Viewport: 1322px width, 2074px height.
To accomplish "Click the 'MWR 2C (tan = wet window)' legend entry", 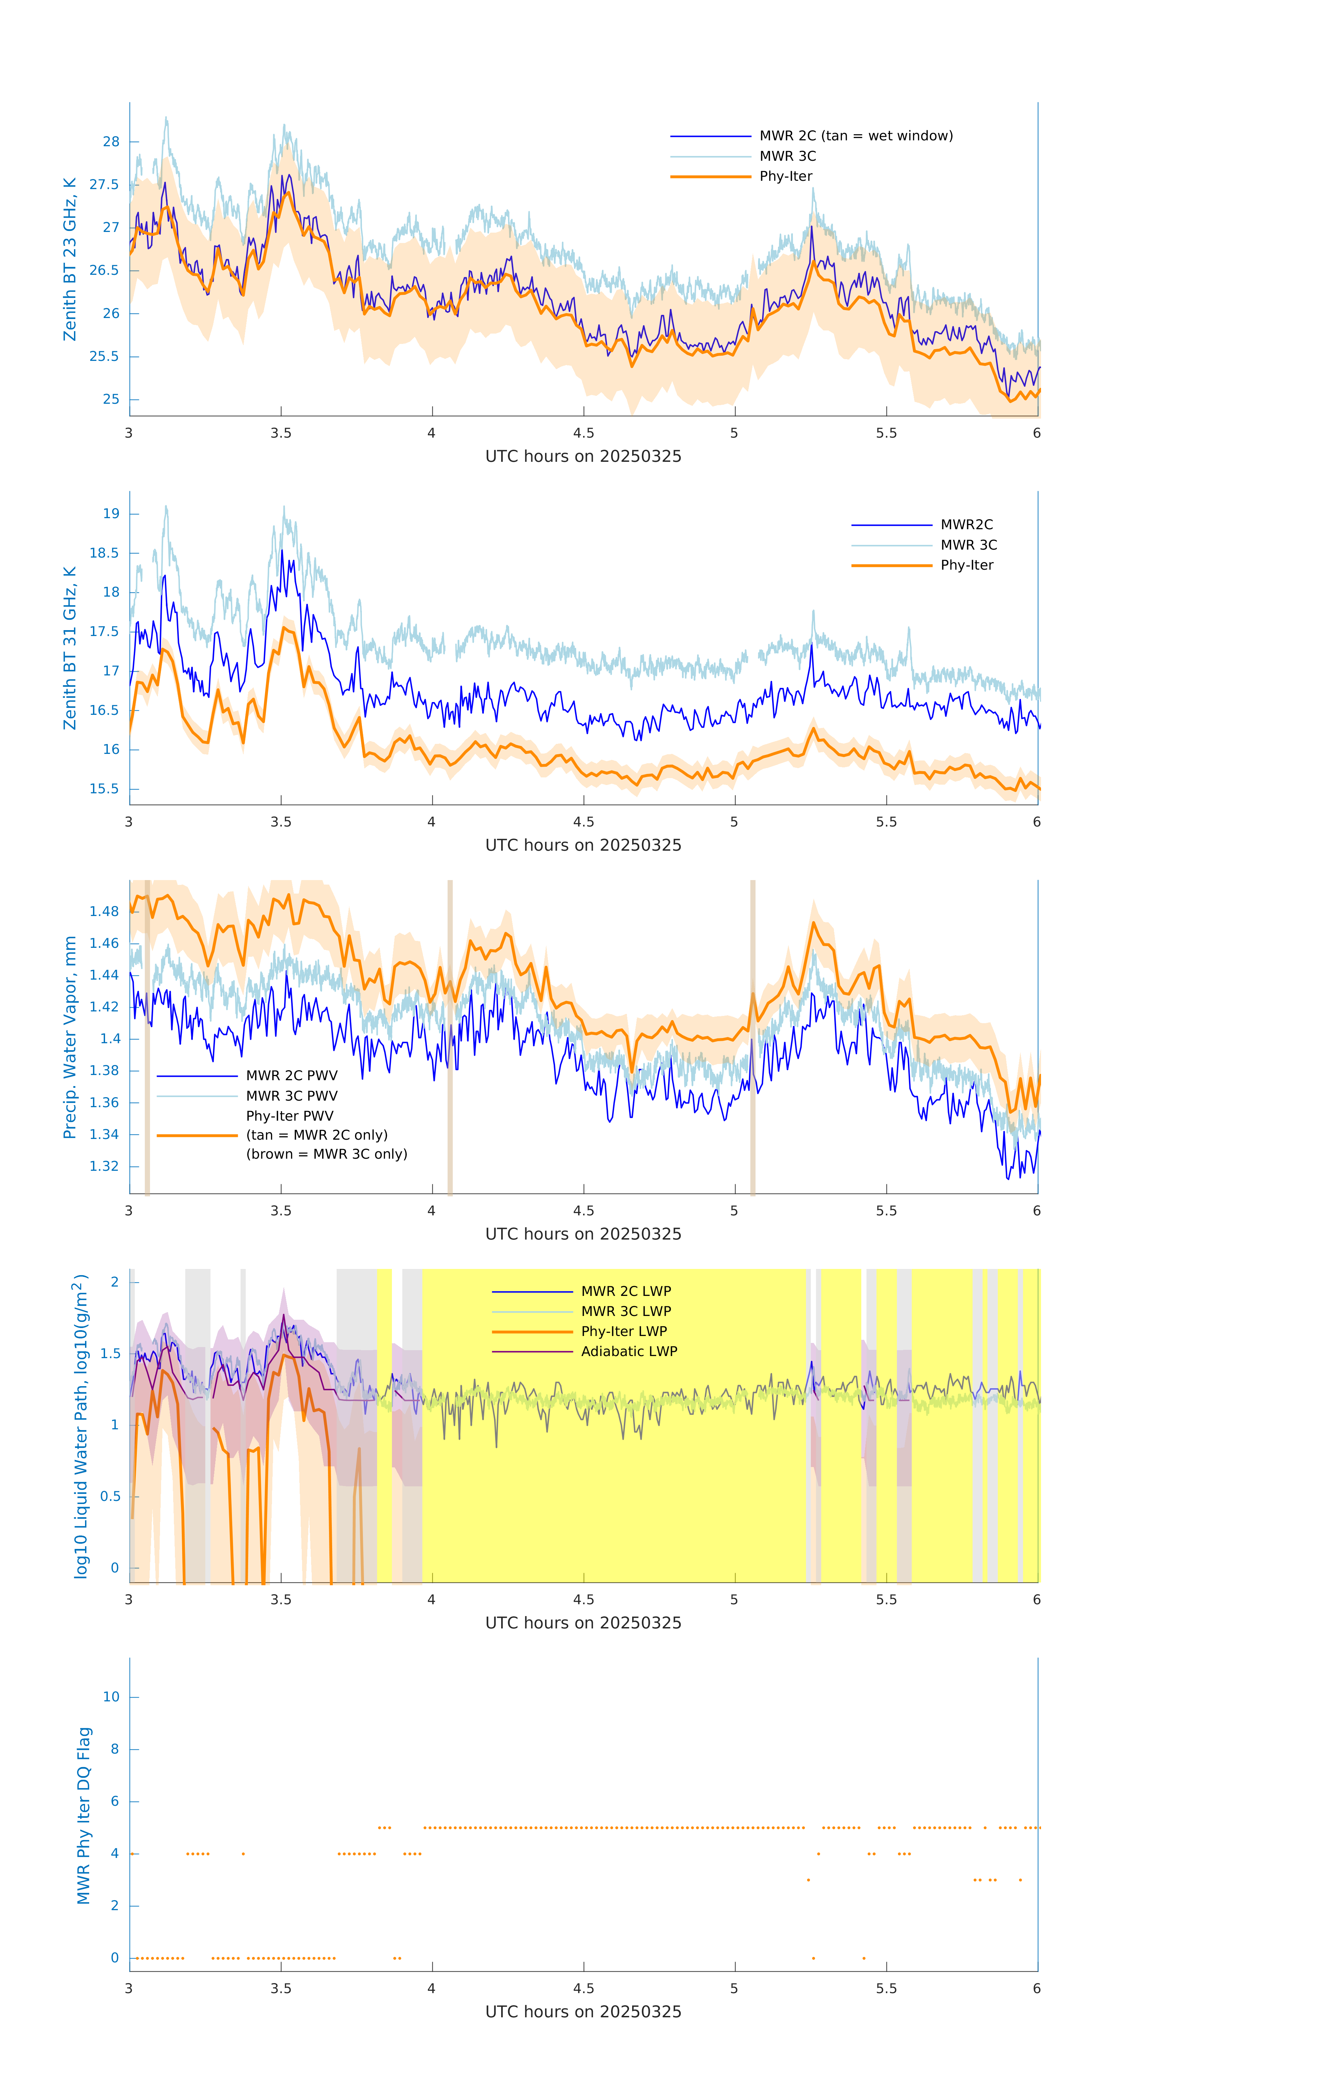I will coord(855,136).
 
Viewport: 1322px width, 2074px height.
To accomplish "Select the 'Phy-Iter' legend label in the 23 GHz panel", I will coord(786,177).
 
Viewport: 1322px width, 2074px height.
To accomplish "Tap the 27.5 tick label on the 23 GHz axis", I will coord(104,184).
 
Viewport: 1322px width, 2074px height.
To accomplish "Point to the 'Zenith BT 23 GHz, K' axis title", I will coord(70,259).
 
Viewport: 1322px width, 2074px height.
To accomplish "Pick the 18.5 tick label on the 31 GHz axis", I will coord(104,553).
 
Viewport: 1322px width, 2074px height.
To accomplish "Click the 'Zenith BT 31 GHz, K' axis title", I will coord(70,648).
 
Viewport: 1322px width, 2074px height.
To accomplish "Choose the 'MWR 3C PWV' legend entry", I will coord(291,1095).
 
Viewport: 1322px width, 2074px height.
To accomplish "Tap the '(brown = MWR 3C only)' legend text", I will coord(326,1154).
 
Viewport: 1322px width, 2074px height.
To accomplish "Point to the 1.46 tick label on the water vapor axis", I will coord(104,943).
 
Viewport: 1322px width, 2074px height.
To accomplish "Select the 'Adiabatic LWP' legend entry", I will coord(629,1351).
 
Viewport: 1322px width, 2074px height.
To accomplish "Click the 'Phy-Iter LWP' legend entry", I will coord(624,1332).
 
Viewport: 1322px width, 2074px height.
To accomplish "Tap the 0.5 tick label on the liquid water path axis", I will coord(110,1496).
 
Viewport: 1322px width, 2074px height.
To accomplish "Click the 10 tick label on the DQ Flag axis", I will coord(111,1697).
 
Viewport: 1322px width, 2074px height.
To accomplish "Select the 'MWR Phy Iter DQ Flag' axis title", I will coord(84,1815).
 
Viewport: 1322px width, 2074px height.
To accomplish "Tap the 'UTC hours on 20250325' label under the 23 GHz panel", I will coord(583,457).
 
